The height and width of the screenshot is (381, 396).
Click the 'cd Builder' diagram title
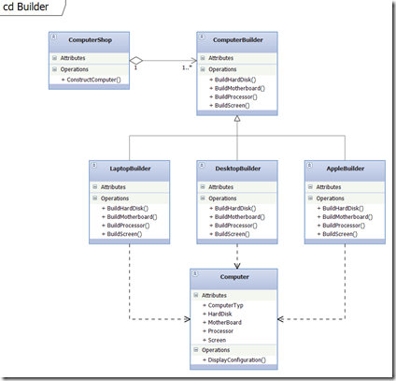coord(26,7)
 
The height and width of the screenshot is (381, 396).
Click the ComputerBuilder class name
coord(237,40)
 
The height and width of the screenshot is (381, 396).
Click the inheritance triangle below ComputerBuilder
coord(237,126)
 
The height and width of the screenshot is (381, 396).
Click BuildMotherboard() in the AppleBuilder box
coord(347,216)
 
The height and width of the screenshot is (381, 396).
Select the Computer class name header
coord(236,279)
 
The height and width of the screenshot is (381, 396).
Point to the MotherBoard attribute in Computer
coord(228,322)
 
